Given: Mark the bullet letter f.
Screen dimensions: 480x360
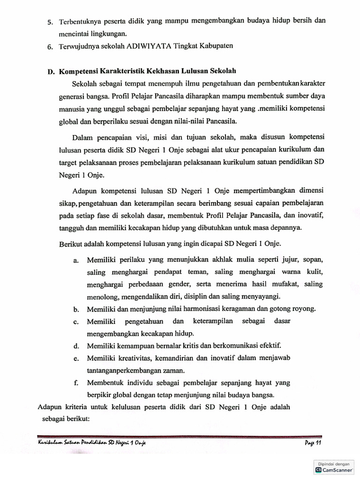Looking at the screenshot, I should (x=75, y=382).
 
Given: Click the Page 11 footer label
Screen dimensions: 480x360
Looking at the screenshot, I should (x=312, y=443).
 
